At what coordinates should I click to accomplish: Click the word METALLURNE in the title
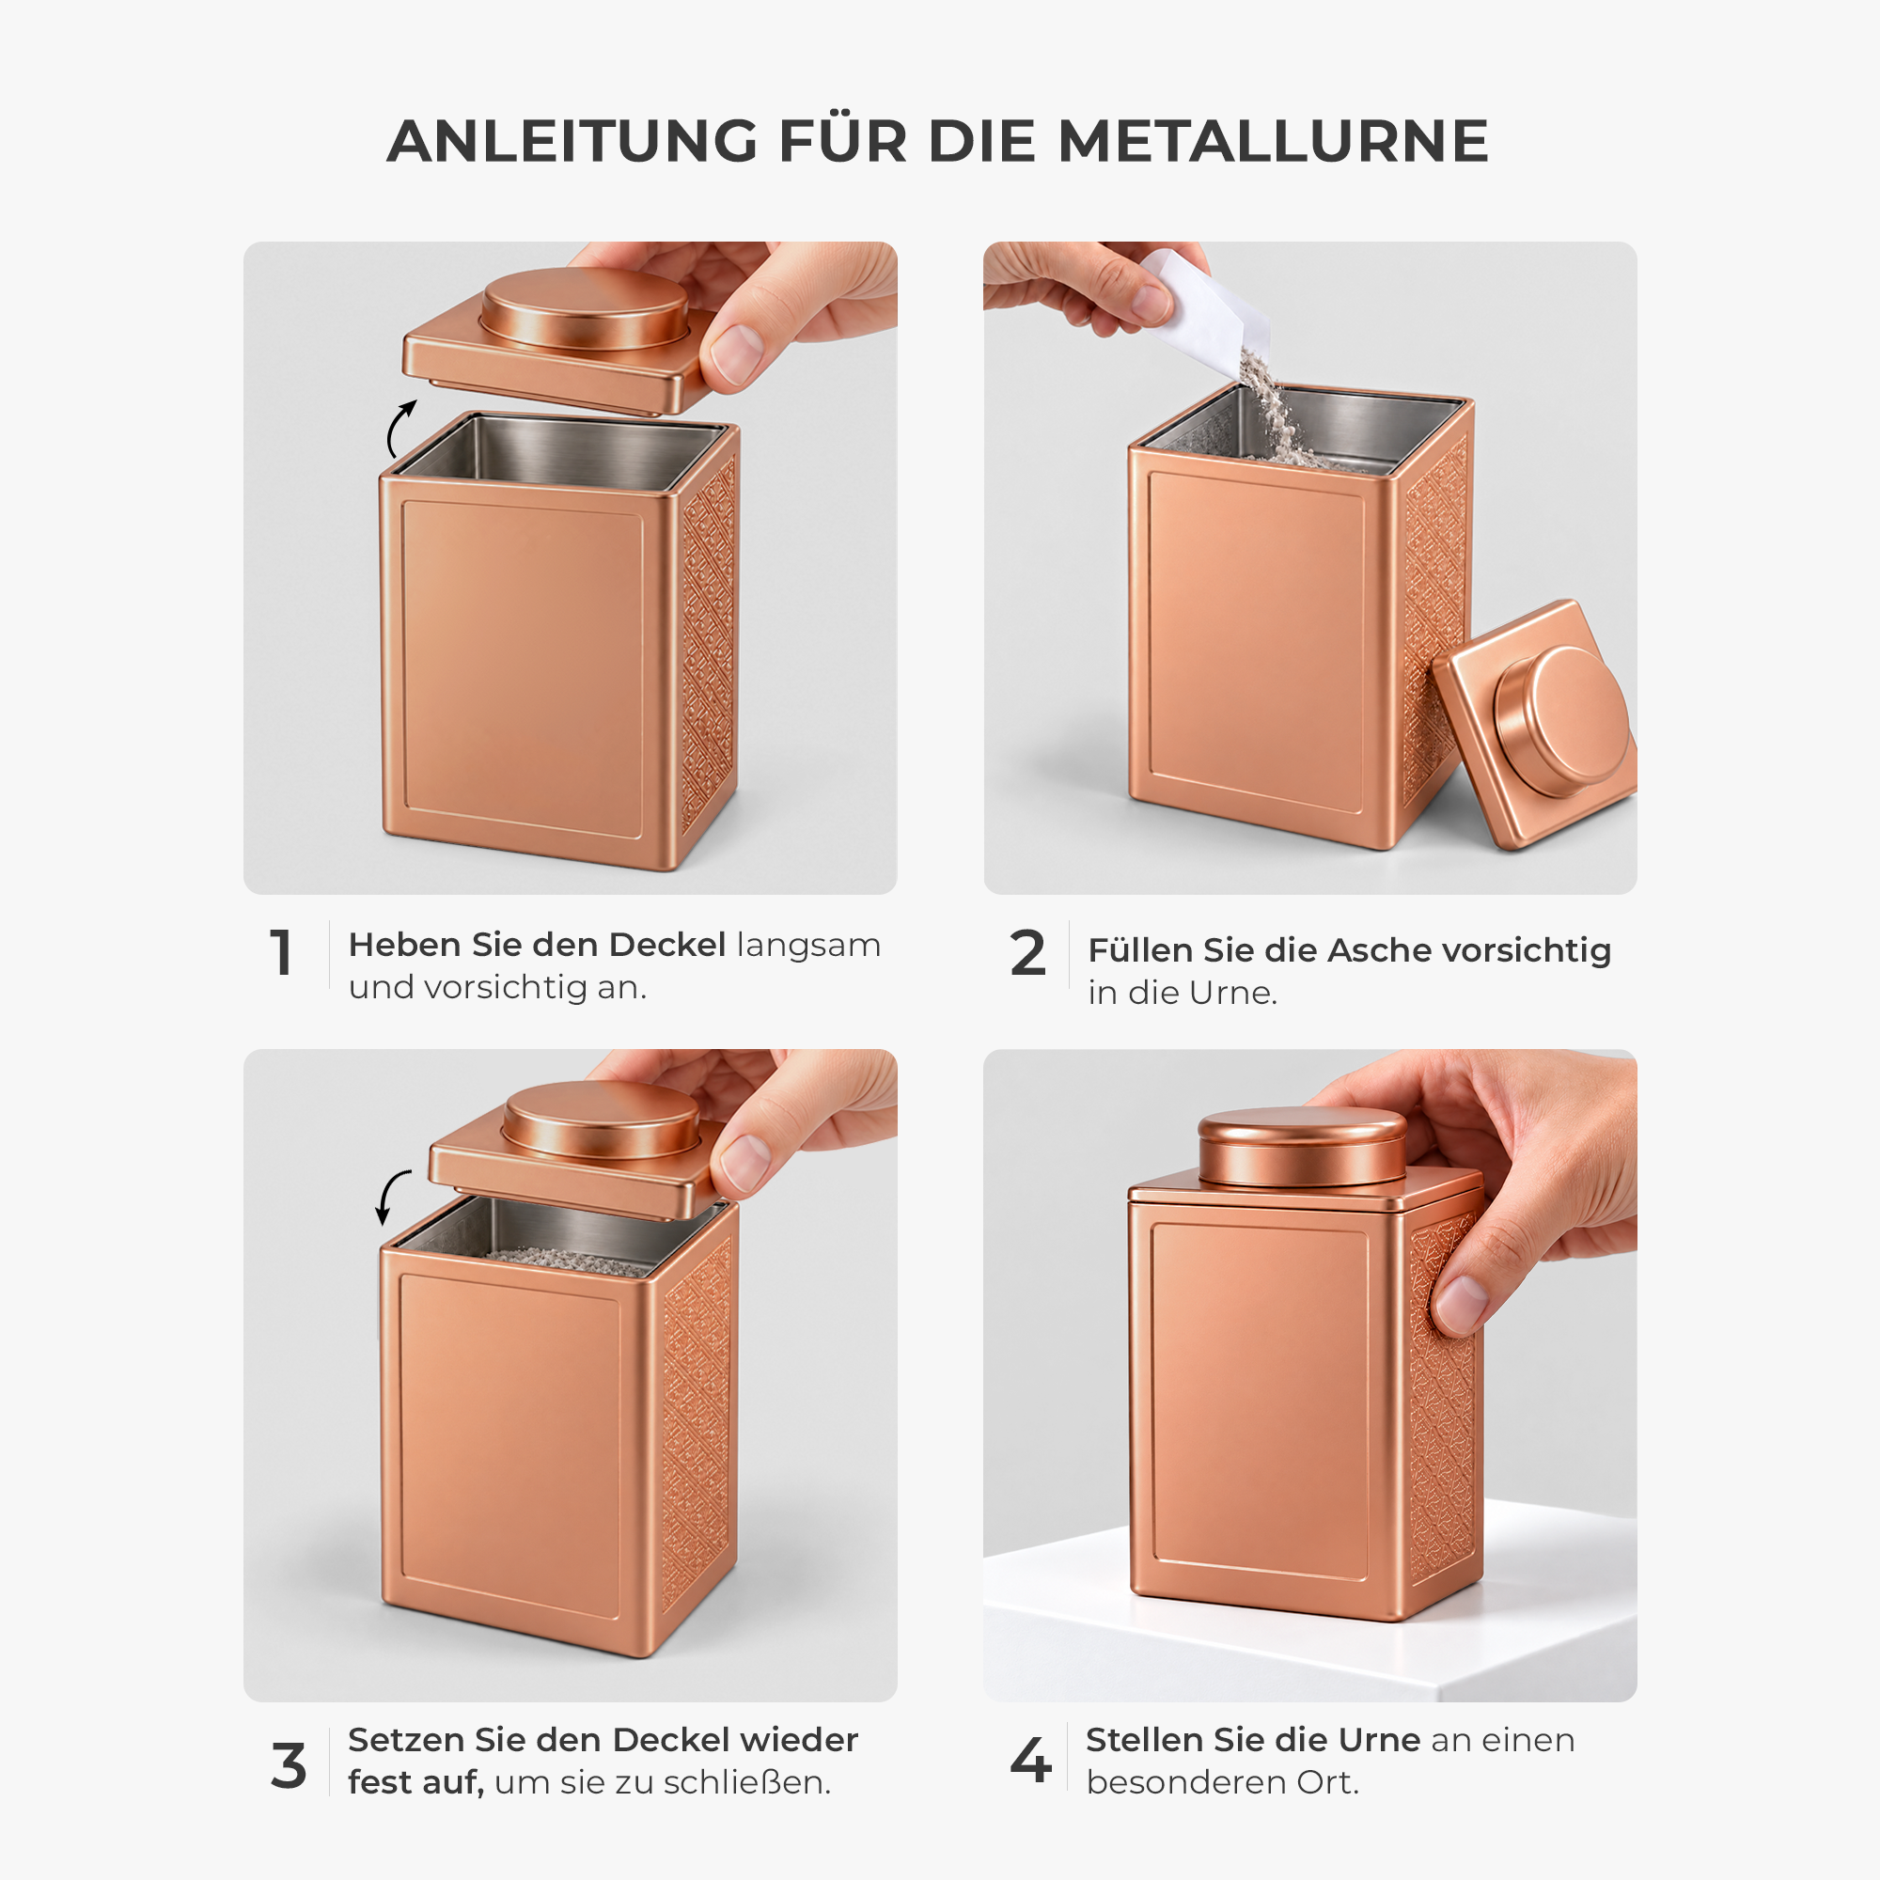coord(1273,141)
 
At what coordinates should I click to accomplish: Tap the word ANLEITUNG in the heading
coord(572,141)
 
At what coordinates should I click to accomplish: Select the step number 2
coord(1027,952)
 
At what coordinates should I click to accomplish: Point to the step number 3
coord(289,1765)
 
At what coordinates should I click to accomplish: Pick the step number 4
coord(1031,1761)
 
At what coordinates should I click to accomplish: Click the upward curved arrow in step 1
coord(399,428)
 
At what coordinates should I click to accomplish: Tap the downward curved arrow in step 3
coord(391,1196)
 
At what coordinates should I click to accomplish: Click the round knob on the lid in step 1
coord(585,308)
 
